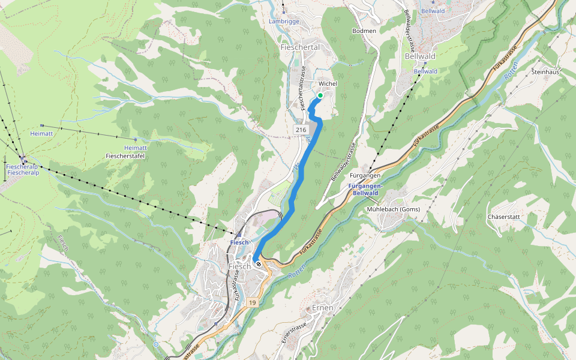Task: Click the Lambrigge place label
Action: [x=284, y=22]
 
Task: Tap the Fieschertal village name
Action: [x=299, y=47]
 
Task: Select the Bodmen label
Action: [x=364, y=31]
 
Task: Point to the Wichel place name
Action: [x=328, y=83]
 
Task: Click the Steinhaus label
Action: [x=545, y=71]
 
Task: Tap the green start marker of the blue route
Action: [x=320, y=95]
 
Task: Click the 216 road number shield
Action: [x=301, y=130]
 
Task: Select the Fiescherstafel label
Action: [x=127, y=156]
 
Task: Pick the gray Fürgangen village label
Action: [x=365, y=176]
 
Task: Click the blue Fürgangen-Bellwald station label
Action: [x=365, y=190]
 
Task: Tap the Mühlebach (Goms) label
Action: [x=393, y=209]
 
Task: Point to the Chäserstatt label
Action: [x=503, y=217]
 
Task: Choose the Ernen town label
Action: [x=323, y=308]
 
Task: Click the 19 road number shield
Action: [x=251, y=303]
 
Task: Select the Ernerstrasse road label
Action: [x=295, y=331]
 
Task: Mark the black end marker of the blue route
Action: [x=258, y=264]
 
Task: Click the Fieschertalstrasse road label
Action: [x=302, y=88]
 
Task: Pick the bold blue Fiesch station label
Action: [x=239, y=242]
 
